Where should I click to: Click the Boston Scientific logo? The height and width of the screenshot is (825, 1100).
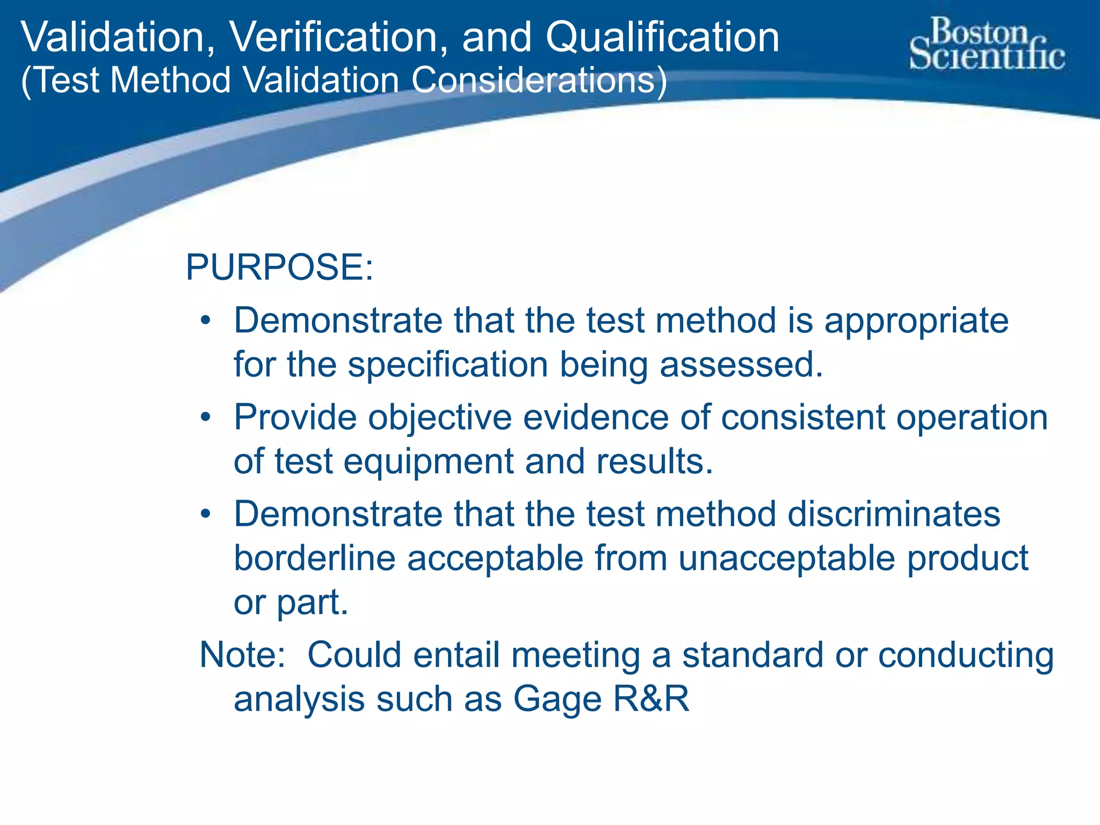point(987,44)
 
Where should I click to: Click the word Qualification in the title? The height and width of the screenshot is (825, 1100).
point(662,38)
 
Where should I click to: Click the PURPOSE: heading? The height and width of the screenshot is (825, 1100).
point(279,267)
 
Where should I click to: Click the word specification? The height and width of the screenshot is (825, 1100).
point(448,365)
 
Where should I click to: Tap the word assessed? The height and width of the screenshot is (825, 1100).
point(741,365)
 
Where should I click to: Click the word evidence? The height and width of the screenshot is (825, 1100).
point(597,417)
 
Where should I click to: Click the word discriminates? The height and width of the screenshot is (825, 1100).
point(894,514)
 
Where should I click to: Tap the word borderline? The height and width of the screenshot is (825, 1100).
point(314,558)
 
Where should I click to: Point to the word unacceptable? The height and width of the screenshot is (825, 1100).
point(787,558)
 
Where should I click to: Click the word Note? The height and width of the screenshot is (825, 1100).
point(243,655)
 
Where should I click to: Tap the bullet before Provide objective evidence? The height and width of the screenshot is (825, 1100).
point(205,417)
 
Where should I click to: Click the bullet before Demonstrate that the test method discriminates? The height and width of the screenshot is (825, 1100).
point(205,514)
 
